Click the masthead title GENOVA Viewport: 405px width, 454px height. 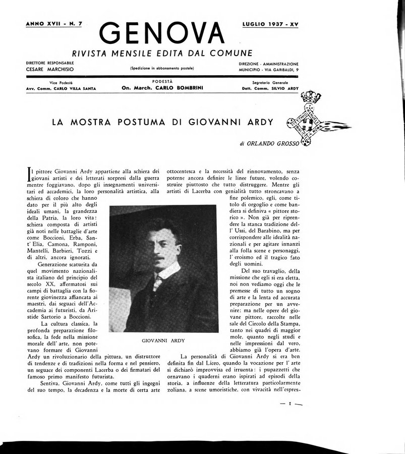[x=161, y=33]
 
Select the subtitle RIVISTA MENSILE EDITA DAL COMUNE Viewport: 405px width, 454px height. [x=162, y=53]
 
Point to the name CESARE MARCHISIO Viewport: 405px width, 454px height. [x=50, y=70]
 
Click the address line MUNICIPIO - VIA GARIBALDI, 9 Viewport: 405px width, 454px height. [x=268, y=70]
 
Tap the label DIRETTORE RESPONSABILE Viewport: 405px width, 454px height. [x=50, y=63]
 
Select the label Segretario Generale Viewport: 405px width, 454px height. [x=270, y=82]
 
